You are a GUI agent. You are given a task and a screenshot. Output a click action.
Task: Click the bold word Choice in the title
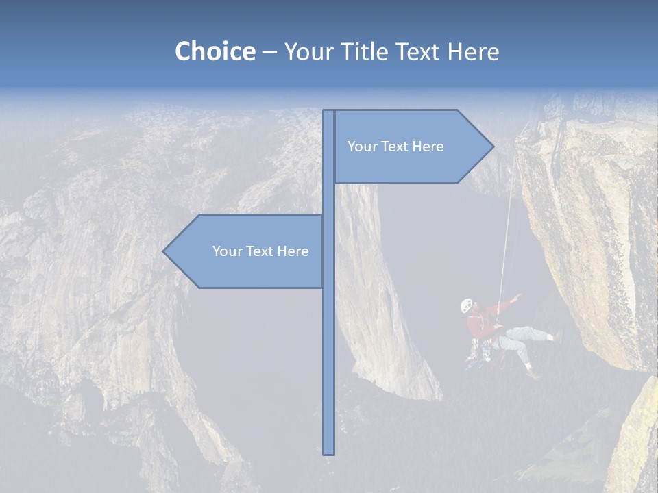215,51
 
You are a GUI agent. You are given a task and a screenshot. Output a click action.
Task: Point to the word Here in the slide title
473,51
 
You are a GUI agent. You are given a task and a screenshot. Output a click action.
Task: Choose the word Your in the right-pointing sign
362,147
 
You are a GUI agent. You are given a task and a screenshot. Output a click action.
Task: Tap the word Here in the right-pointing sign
427,147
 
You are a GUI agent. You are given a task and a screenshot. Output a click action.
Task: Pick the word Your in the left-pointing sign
227,251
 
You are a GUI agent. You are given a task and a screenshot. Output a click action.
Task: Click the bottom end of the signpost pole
329,452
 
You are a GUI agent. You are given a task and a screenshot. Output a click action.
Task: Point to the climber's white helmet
467,305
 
